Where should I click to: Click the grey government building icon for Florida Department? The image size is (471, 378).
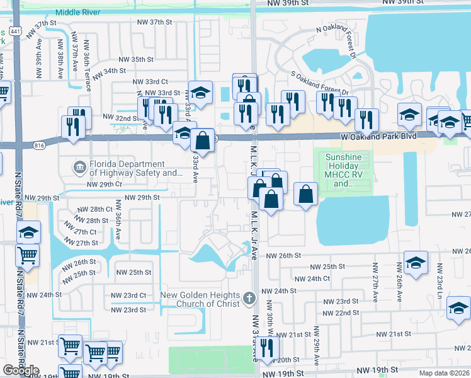(80, 167)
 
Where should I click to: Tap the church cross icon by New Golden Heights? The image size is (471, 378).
(249, 297)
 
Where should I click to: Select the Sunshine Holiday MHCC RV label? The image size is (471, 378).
(343, 171)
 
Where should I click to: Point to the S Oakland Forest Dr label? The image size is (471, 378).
(319, 83)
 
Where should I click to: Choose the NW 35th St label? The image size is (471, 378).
(134, 59)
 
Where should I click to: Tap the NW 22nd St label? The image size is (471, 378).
(341, 313)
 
